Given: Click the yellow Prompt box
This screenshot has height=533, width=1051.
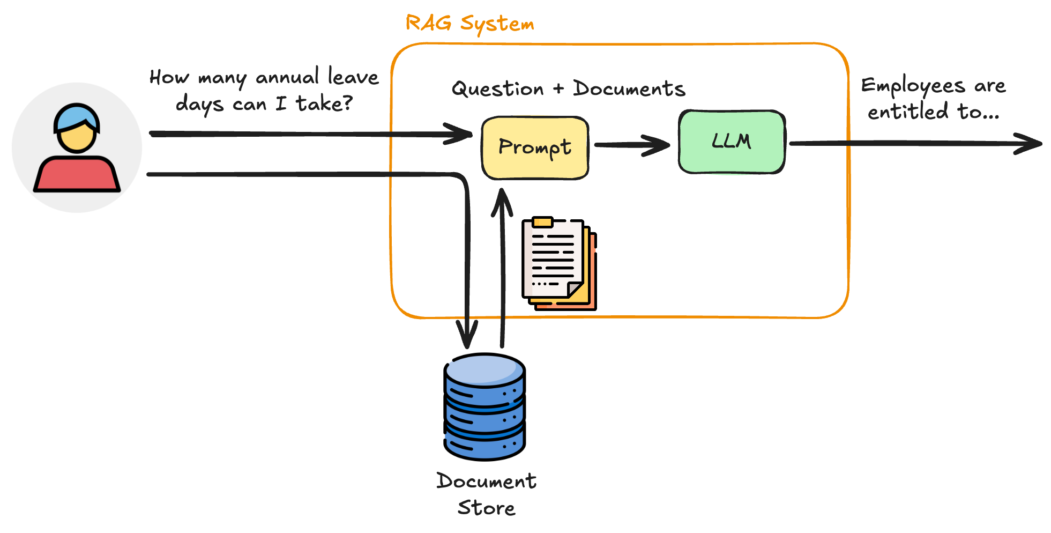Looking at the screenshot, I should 535,147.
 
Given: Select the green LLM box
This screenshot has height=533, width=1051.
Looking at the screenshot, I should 732,142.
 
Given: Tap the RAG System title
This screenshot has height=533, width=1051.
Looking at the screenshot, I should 469,24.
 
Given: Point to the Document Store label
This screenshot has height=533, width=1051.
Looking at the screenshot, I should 486,494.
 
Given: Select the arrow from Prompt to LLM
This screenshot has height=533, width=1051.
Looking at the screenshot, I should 632,145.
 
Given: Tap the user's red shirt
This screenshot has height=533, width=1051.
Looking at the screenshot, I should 77,174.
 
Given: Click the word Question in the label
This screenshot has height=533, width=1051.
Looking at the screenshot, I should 497,89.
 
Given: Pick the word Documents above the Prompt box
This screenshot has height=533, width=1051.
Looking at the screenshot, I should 629,88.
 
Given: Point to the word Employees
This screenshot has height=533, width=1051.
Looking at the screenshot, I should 912,86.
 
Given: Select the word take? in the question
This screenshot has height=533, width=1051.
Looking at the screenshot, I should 324,103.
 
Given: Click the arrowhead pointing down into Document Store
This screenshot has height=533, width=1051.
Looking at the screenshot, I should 467,335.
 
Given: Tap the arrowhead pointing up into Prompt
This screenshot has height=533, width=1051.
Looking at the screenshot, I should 502,201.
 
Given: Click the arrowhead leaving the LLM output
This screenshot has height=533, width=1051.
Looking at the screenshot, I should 1029,144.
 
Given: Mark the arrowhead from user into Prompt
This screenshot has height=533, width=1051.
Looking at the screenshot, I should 460,134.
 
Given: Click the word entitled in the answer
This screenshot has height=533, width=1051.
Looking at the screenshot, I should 908,112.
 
